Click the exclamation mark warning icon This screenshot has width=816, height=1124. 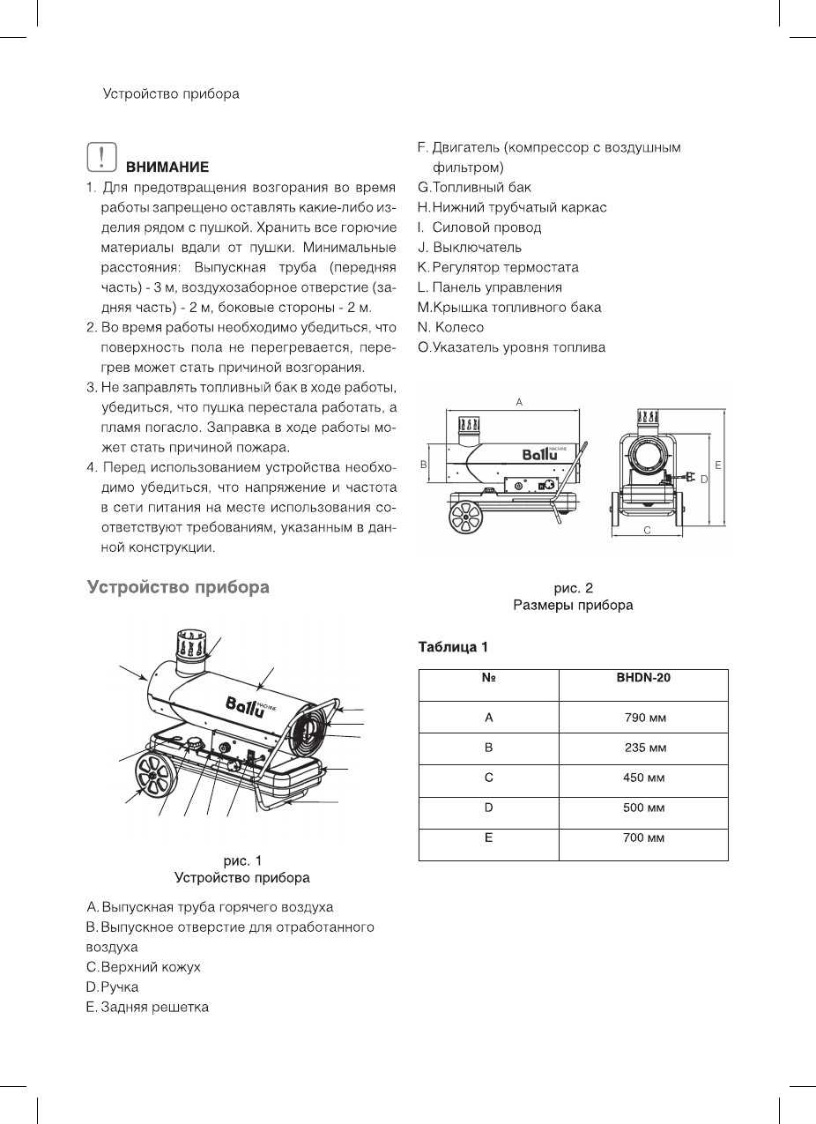(103, 157)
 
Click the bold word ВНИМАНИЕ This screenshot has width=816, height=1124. (167, 167)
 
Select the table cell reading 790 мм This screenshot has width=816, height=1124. (643, 718)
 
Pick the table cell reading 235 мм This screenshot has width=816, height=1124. (643, 748)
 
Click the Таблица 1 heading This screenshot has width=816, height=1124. (453, 649)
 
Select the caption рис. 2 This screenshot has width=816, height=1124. (573, 587)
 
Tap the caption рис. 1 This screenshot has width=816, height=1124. (241, 860)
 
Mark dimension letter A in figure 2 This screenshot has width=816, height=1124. (519, 402)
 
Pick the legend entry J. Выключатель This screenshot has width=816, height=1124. (470, 247)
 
